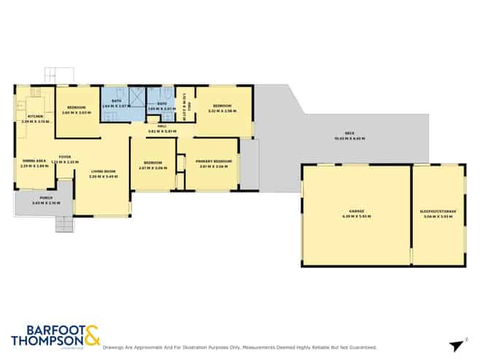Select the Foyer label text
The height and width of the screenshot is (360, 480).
tap(65, 157)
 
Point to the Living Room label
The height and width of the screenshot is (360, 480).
tap(102, 173)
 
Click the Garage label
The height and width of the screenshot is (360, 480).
tap(357, 212)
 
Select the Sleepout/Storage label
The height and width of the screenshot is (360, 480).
tap(438, 212)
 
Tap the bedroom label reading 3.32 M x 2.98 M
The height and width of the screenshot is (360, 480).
tap(224, 110)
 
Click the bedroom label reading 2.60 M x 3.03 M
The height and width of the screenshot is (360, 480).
tap(77, 110)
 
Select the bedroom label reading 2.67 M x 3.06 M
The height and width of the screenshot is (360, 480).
tap(152, 164)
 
